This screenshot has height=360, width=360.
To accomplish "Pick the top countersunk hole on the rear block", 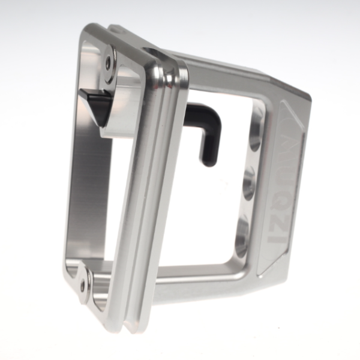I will pos(254,137).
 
